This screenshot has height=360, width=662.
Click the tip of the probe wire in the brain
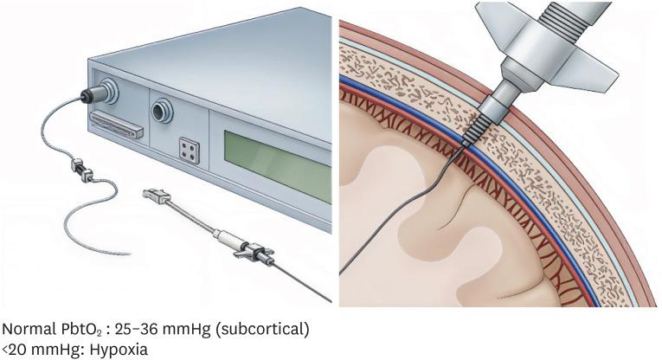(341, 276)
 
